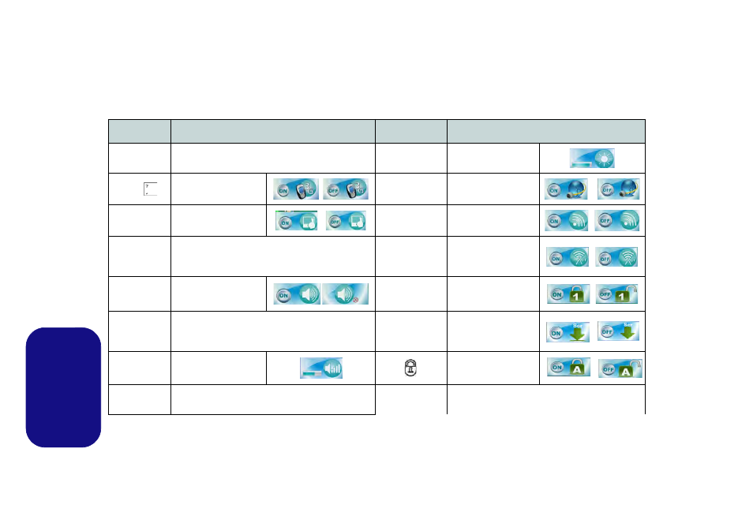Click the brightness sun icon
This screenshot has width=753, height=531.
pyautogui.click(x=593, y=158)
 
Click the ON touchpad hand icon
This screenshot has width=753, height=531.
pyautogui.click(x=296, y=222)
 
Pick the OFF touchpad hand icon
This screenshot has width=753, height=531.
pyautogui.click(x=346, y=222)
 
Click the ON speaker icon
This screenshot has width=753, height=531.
pyautogui.click(x=297, y=293)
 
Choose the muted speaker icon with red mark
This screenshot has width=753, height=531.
pyautogui.click(x=346, y=293)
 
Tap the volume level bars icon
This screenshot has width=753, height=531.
pyautogui.click(x=320, y=368)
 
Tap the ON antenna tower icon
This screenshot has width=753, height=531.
pyautogui.click(x=566, y=257)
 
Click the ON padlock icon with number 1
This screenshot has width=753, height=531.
pyautogui.click(x=566, y=294)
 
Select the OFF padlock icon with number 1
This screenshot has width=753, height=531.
pyautogui.click(x=617, y=294)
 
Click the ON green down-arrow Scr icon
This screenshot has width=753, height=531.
pyautogui.click(x=566, y=330)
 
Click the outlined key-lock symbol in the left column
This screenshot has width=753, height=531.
pyautogui.click(x=410, y=368)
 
